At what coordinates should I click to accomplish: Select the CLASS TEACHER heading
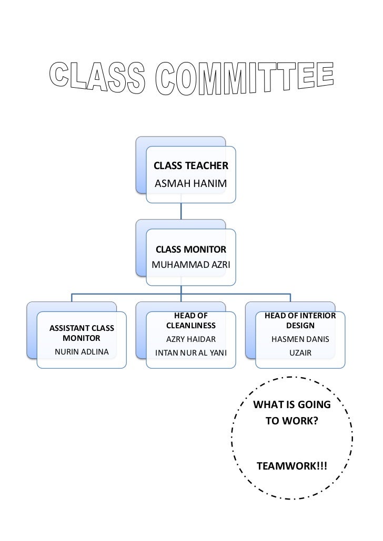[190, 166]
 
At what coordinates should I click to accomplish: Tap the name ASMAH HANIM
[190, 184]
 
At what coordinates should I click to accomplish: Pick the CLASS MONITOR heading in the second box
[190, 249]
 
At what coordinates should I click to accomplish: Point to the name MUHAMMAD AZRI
[190, 264]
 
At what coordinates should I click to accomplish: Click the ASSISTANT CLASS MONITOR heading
[82, 334]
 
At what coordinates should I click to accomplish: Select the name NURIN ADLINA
[82, 351]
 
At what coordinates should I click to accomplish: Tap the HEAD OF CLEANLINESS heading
[190, 320]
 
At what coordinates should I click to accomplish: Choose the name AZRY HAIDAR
[190, 339]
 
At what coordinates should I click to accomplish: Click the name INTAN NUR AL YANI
[190, 352]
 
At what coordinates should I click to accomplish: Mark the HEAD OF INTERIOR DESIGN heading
[300, 320]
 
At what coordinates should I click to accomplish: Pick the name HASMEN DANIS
[300, 339]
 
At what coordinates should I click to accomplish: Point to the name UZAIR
[300, 352]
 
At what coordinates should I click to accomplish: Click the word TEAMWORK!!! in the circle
[291, 466]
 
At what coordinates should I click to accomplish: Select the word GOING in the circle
[314, 405]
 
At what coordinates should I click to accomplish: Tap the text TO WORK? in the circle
[291, 421]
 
